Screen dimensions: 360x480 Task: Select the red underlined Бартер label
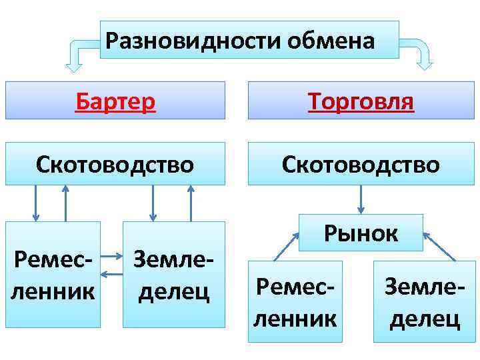coord(115,101)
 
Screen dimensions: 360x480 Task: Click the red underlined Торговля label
coord(361,101)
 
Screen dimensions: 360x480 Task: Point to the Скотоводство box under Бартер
coord(115,163)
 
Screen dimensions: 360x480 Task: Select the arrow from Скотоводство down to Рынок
coord(361,199)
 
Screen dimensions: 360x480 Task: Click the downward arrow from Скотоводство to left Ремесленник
coord(36,203)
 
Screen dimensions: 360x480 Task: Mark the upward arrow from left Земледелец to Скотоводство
coord(191,203)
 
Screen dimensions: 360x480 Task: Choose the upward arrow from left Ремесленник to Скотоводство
coord(65,203)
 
